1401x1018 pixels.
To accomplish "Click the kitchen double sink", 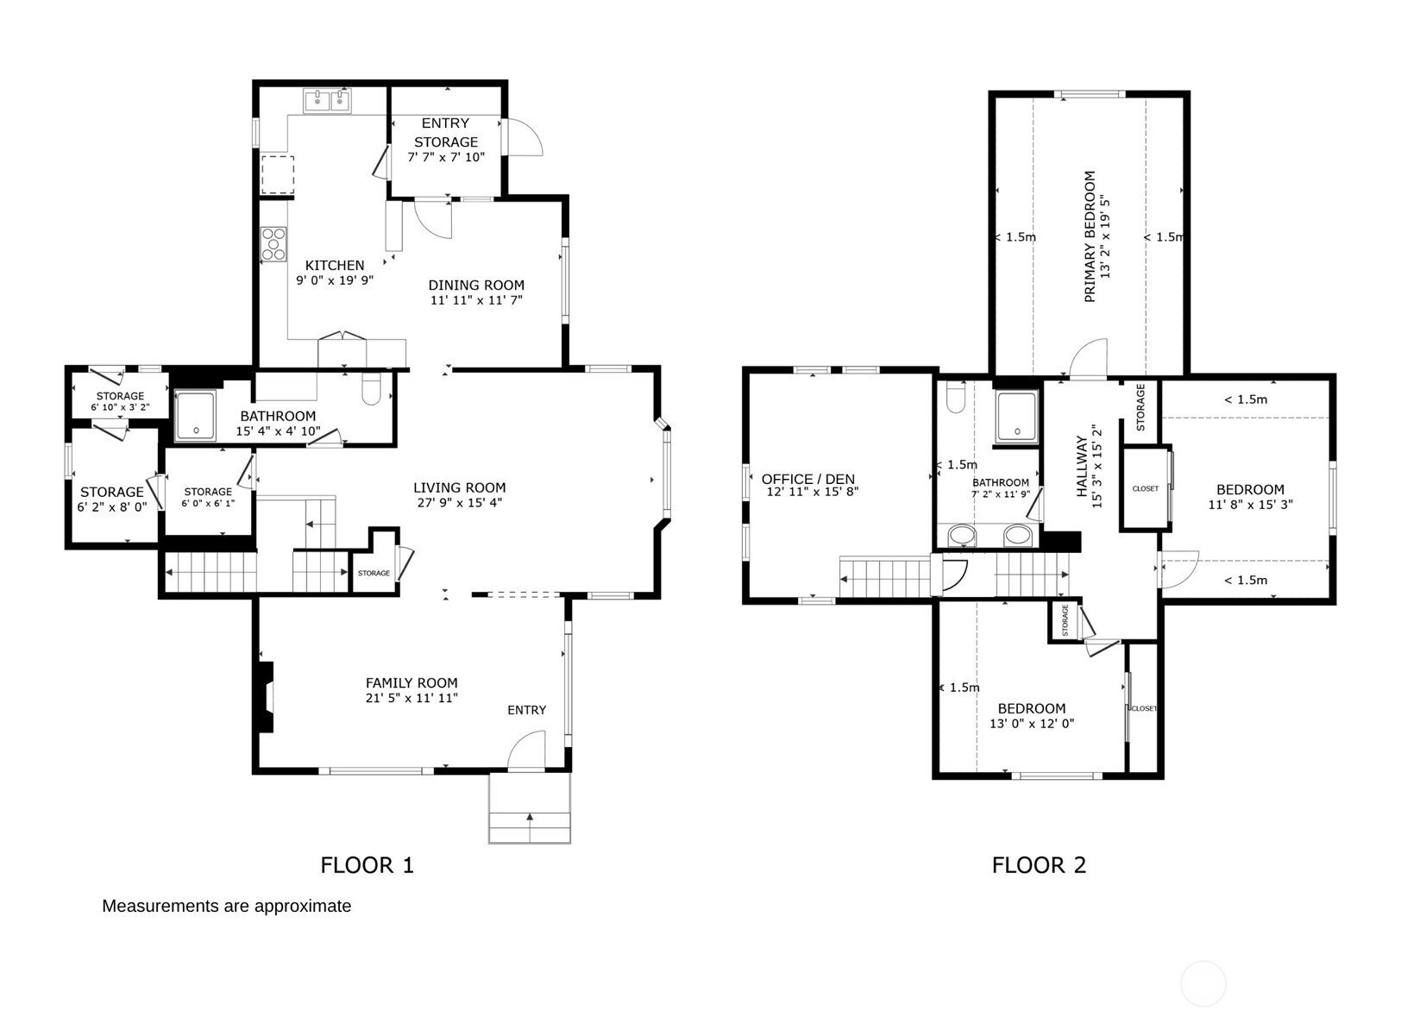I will coord(328,102).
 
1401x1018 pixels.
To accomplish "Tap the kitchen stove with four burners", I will coord(274,243).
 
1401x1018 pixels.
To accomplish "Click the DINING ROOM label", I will coord(476,285).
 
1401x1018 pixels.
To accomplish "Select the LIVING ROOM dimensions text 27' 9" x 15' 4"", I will coord(459,502).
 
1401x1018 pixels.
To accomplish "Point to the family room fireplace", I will coord(267,696).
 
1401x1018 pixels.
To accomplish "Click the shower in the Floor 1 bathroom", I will coord(196,416).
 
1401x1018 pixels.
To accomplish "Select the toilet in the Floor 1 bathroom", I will coord(372,390).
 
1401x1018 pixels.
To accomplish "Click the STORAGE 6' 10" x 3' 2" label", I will coord(120,401).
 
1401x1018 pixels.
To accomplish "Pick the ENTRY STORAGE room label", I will coord(445,133).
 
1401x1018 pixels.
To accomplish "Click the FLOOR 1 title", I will coord(368,865).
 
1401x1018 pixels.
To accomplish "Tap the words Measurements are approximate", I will coord(226,906).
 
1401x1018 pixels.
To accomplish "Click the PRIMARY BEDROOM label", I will coord(1090,236).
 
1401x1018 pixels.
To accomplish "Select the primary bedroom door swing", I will coord(1089,359).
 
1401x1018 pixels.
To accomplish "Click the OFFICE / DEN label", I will coord(807,479).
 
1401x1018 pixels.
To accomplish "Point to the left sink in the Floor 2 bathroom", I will coord(962,536).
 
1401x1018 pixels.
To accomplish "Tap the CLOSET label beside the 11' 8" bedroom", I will coord(1145,488).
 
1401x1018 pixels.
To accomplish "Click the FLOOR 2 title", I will coord(1039,865).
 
